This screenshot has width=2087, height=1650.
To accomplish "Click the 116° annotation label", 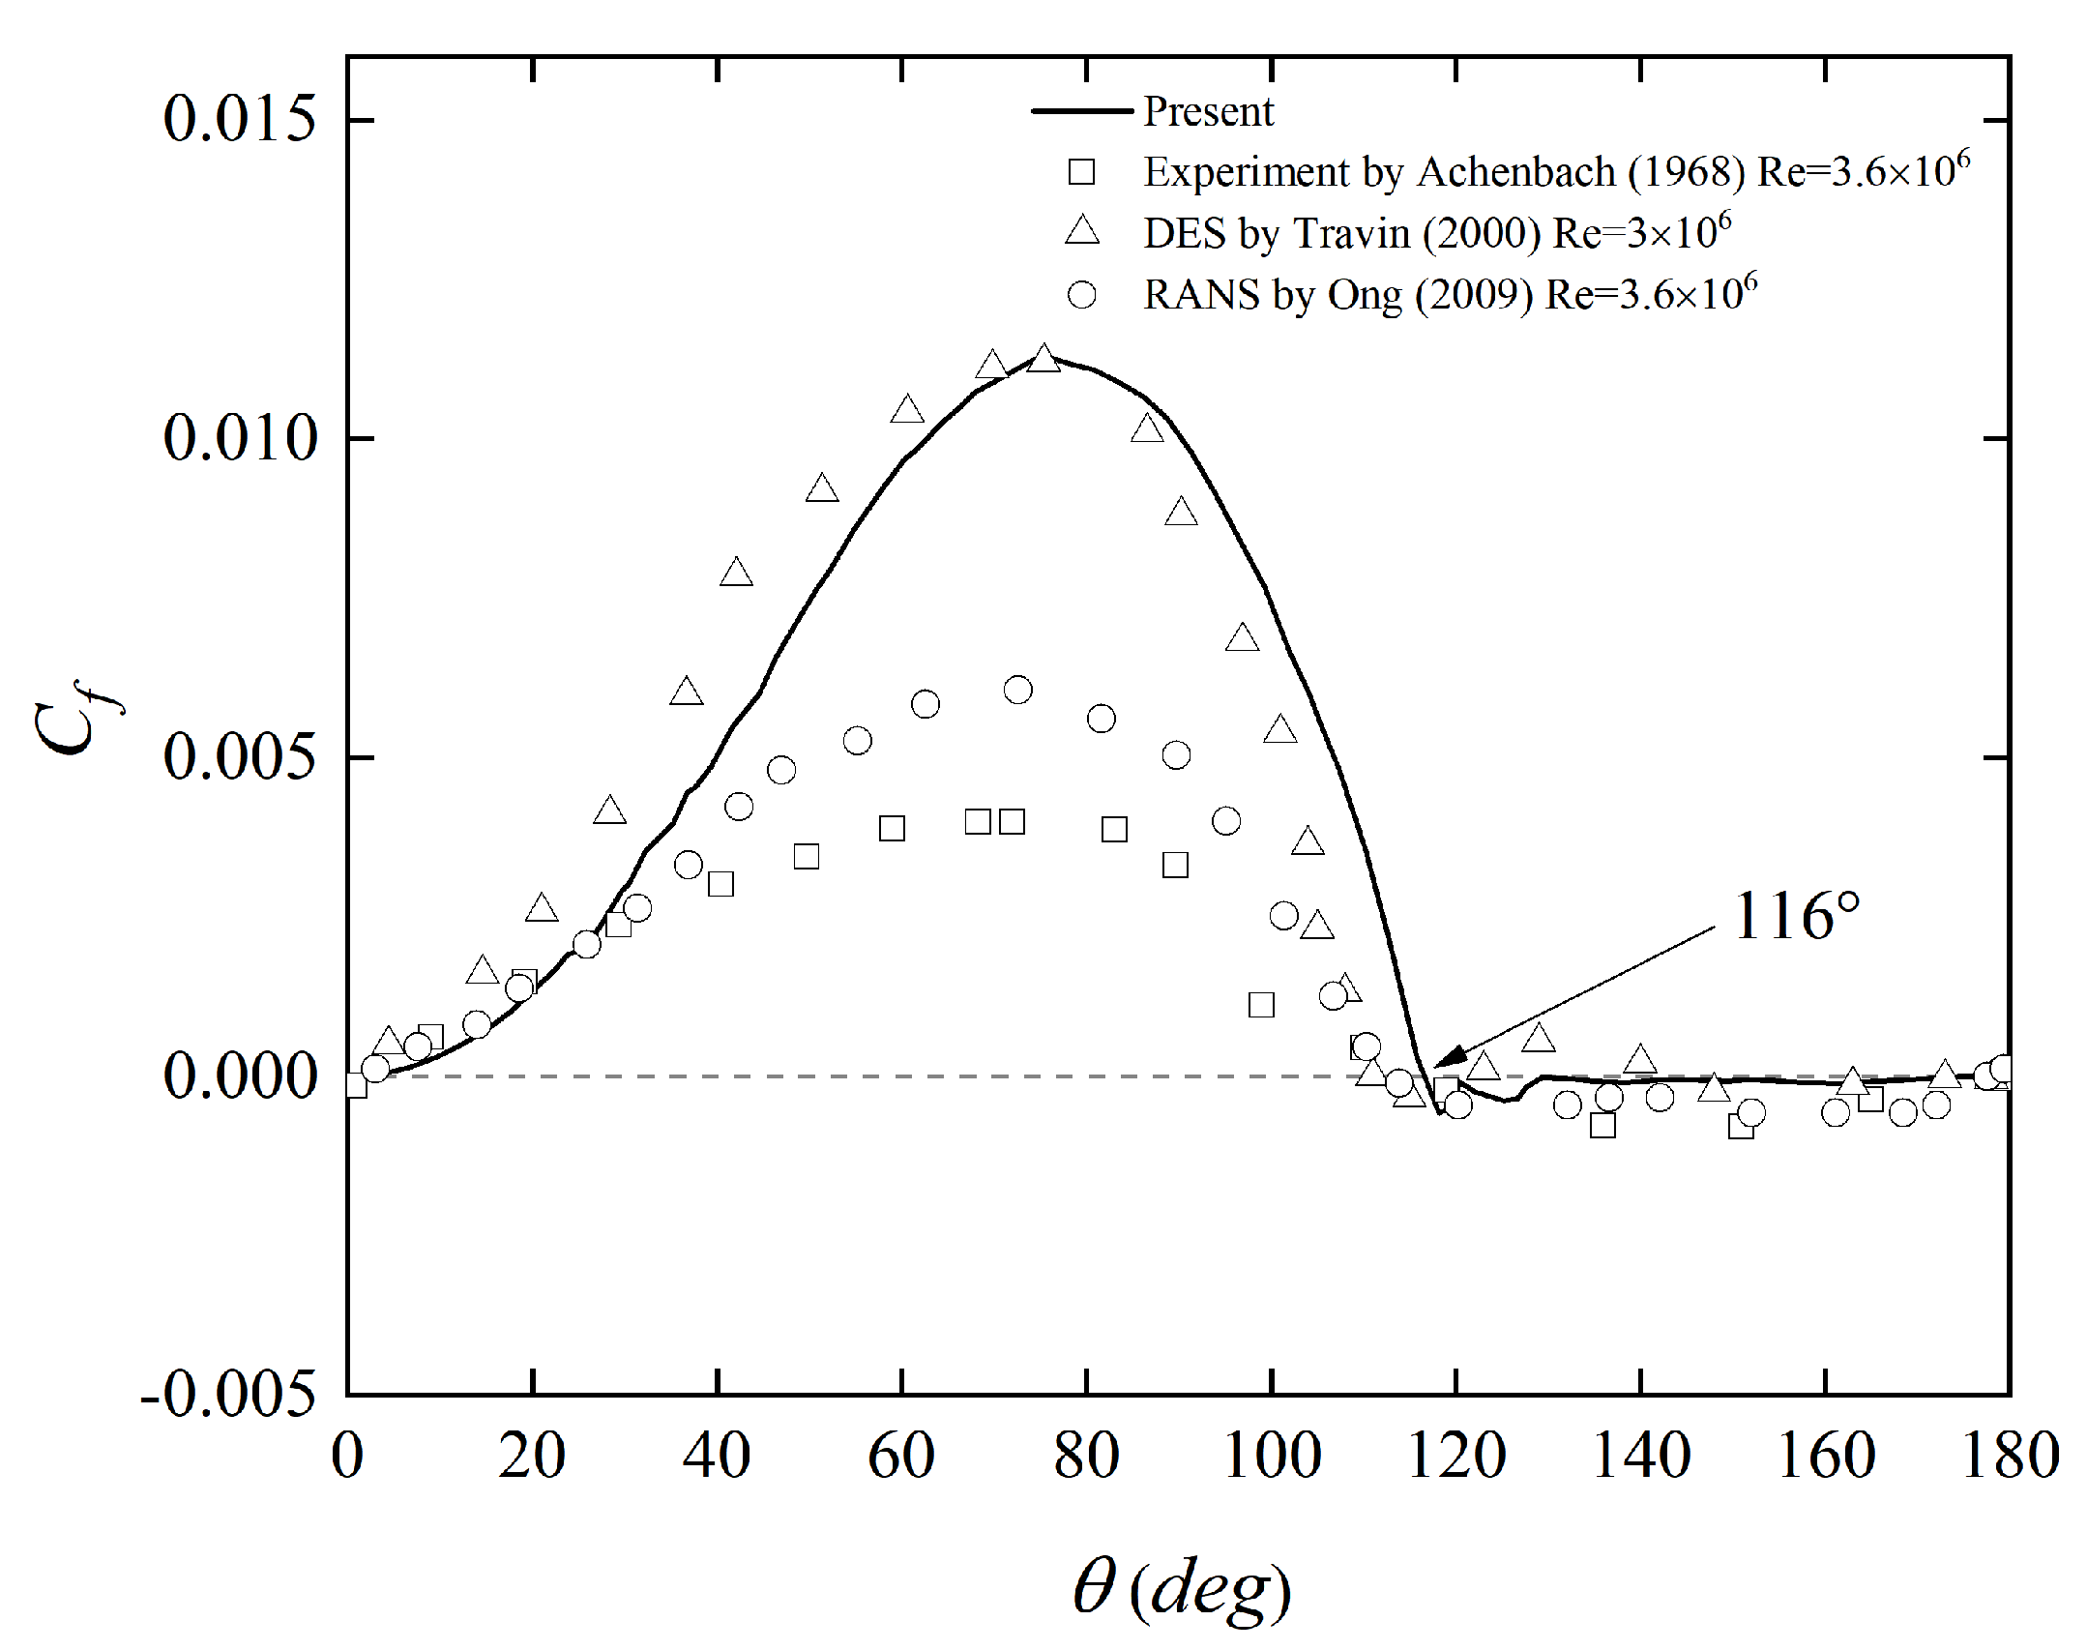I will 1796,917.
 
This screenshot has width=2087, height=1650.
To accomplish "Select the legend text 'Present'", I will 1208,112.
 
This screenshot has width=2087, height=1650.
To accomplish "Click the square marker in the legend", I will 1081,172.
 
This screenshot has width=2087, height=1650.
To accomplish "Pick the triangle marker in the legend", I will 1082,232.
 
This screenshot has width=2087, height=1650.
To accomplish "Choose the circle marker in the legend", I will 1082,294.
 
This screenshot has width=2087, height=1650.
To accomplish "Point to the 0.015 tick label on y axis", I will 240,120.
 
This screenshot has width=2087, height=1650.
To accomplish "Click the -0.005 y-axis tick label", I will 228,1395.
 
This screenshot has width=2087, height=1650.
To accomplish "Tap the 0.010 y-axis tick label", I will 240,439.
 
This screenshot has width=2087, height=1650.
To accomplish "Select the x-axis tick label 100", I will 1272,1457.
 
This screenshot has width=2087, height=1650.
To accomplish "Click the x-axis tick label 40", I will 717,1457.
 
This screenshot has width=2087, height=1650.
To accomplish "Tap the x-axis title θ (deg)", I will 1182,1588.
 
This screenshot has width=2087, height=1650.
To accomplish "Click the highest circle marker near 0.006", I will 1017,690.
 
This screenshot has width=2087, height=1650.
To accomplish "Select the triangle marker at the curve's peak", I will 1043,360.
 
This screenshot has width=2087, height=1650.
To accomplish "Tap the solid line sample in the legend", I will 1081,111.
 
